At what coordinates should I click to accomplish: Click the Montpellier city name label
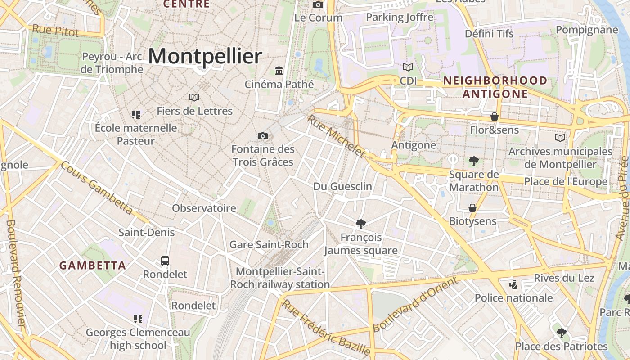[205, 57]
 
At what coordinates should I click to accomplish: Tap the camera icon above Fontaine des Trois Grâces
[263, 136]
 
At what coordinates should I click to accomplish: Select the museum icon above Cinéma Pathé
[279, 71]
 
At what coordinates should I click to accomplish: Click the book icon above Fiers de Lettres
[194, 97]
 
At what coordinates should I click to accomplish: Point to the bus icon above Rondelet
[165, 261]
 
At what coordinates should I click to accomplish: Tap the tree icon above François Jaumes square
[360, 224]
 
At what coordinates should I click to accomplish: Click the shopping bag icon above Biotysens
[472, 208]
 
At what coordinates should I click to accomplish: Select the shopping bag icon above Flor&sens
[494, 117]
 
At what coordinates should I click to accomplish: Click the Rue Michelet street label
[336, 136]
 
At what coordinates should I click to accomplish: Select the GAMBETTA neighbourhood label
[93, 265]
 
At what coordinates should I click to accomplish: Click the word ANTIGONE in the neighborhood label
[495, 94]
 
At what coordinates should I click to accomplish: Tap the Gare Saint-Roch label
[269, 244]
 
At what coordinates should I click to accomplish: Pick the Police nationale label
[514, 297]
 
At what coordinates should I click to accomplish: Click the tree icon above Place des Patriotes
[561, 333]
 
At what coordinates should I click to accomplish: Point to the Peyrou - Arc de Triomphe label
[112, 63]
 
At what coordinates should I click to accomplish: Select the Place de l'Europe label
[566, 182]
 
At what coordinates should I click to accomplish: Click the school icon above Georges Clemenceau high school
[138, 319]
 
